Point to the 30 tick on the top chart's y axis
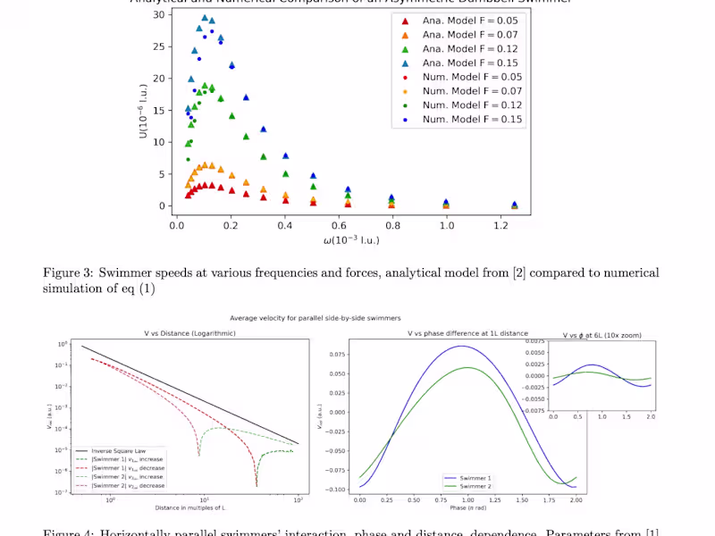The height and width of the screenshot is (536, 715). [x=158, y=14]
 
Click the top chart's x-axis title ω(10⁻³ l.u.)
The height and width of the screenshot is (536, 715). [x=351, y=241]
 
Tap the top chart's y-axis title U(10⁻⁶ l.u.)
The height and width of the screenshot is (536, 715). [x=142, y=112]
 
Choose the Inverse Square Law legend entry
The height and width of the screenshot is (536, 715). [x=112, y=451]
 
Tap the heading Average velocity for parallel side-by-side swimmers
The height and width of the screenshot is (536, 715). [x=315, y=317]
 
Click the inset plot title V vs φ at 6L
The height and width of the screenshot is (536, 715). [x=601, y=335]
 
